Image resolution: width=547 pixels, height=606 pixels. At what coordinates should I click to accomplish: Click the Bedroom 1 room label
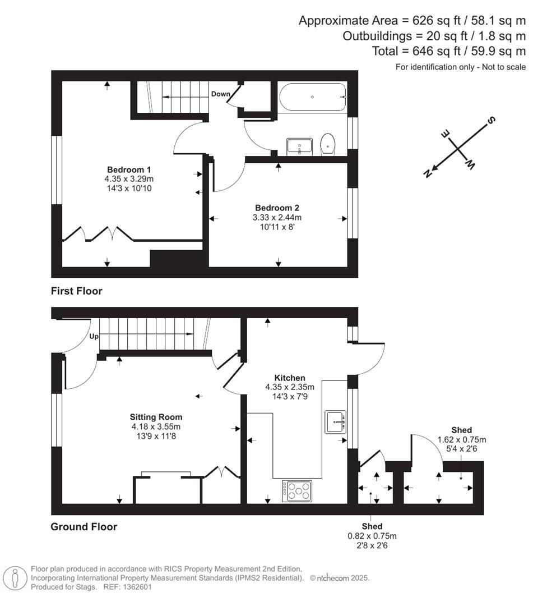point(129,169)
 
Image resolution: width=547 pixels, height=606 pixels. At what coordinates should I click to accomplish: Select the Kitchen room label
point(289,378)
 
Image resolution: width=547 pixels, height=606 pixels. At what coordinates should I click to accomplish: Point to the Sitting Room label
point(156,417)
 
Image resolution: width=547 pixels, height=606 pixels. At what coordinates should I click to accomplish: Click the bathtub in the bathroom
point(312,97)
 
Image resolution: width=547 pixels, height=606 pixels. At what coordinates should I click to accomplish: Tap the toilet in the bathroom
point(328,144)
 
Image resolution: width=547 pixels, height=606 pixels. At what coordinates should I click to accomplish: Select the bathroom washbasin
point(299,146)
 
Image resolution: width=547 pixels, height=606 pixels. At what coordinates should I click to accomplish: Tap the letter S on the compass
point(492,120)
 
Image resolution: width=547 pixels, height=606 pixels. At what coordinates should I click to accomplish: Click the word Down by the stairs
point(220,94)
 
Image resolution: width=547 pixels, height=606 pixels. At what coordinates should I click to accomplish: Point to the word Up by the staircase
point(94,337)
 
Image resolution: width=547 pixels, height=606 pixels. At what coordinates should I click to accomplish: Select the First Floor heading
point(77,291)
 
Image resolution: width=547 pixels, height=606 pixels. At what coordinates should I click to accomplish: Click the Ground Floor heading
point(84,526)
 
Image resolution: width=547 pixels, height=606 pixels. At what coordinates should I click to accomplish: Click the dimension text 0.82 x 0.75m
point(372,536)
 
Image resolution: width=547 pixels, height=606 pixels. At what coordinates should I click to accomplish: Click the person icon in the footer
point(15,578)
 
